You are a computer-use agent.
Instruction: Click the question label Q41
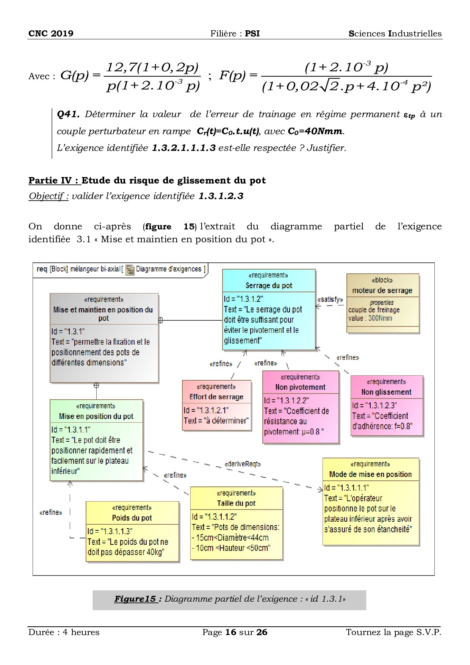68,114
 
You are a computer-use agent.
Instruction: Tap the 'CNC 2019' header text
51,33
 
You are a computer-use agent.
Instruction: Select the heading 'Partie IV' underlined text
54,180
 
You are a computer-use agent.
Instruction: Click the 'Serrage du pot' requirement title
269,285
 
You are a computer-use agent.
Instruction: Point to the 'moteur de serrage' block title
382,290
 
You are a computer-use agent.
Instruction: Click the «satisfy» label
330,300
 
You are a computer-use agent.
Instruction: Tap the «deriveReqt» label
243,464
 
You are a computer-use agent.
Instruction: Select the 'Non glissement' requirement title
386,392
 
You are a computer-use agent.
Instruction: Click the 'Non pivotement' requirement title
300,387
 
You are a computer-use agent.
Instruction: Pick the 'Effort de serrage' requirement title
216,397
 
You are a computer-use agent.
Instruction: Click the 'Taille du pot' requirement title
236,503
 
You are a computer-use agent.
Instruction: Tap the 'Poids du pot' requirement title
132,518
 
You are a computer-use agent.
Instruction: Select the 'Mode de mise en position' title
370,474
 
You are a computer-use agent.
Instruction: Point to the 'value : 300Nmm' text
370,318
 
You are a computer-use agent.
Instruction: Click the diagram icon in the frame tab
130,270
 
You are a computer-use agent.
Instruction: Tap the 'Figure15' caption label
135,599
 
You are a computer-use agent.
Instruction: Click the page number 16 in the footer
231,632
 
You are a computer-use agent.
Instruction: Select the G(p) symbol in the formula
74,75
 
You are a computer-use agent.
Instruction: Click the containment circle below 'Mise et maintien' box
96,386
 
